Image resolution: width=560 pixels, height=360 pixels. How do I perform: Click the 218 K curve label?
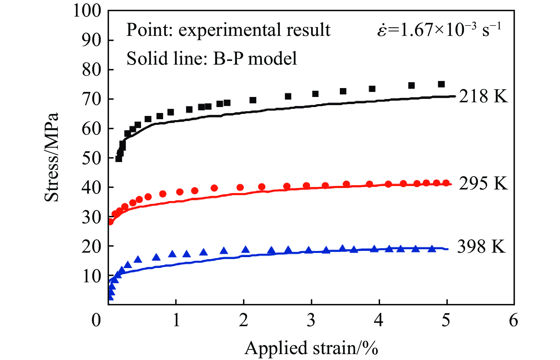point(483,96)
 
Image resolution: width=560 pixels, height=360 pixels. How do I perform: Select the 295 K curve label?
point(483,183)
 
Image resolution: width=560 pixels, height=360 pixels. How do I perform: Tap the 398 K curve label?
point(481,247)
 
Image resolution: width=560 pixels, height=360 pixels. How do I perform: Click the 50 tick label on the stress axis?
point(92,158)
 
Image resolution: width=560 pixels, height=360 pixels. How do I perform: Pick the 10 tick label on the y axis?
point(92,276)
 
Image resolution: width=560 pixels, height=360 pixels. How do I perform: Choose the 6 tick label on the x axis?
point(513,321)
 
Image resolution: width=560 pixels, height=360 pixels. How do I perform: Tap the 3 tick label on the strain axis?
point(311,321)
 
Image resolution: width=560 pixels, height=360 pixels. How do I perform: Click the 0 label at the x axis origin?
point(96,321)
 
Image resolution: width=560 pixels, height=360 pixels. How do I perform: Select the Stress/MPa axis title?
point(52,157)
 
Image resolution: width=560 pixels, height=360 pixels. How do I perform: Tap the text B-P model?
point(255,58)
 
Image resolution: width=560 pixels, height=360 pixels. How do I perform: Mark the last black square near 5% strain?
point(441,84)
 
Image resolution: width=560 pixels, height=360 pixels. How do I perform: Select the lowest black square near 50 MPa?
point(119,159)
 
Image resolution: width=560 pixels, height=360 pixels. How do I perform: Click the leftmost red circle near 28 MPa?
point(110,222)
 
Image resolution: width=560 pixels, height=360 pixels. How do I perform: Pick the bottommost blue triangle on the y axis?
point(111,297)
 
